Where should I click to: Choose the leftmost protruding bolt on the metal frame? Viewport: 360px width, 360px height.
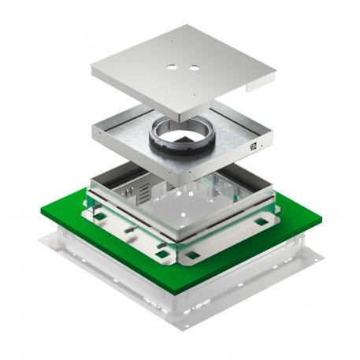point(125,228)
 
